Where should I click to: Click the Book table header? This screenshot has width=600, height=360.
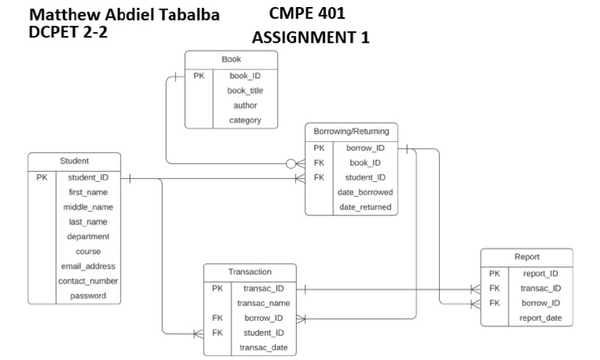[231, 59]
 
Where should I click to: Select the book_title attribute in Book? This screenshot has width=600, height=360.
[245, 91]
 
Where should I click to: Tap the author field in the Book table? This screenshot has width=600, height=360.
[245, 105]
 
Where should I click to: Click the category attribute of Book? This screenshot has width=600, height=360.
[245, 120]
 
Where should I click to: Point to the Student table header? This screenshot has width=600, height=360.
[74, 161]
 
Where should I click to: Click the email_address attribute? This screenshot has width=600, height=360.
[87, 266]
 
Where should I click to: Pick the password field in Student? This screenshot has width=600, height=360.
[87, 296]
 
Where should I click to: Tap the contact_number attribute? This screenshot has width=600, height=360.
[87, 281]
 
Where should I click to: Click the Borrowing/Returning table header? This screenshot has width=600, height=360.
[351, 131]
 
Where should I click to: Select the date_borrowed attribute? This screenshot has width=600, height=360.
[364, 192]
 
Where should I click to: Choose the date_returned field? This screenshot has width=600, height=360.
[364, 207]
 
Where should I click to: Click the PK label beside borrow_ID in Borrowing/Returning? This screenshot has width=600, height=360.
[319, 148]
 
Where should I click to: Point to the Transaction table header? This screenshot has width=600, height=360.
[250, 272]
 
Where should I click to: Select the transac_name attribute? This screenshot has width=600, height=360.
[263, 303]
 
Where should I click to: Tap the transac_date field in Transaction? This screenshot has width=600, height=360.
[263, 348]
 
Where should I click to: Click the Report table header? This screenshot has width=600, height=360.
[527, 257]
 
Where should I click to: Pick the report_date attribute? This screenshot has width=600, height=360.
[541, 318]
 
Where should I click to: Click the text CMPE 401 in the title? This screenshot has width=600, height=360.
[306, 13]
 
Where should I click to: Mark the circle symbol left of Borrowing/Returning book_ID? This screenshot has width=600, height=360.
[291, 164]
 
